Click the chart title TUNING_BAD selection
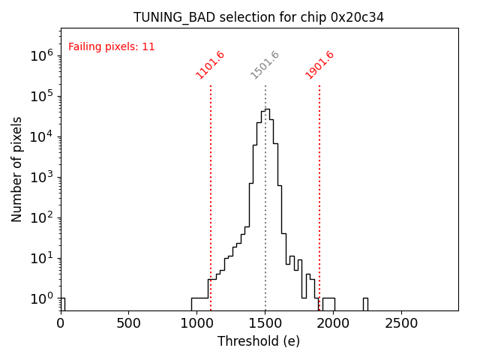tap(259, 17)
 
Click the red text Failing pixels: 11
tap(111, 47)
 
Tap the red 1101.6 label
tap(211, 65)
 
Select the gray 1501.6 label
tap(265, 65)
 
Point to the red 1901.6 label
tap(319, 65)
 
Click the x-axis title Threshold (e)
tap(259, 341)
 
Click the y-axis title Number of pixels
tap(17, 169)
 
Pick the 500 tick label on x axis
tap(129, 322)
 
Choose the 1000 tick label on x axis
tap(197, 322)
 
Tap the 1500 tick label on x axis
tap(265, 322)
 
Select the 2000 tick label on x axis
tap(334, 322)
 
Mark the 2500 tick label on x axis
tap(402, 322)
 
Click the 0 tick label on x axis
tap(61, 322)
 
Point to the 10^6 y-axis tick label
tap(41, 55)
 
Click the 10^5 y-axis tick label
tap(41, 96)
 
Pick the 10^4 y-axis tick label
tap(41, 136)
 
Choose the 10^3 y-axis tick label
tap(41, 177)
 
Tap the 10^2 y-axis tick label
tap(41, 217)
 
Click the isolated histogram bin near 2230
tap(365, 304)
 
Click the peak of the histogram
tap(266, 110)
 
